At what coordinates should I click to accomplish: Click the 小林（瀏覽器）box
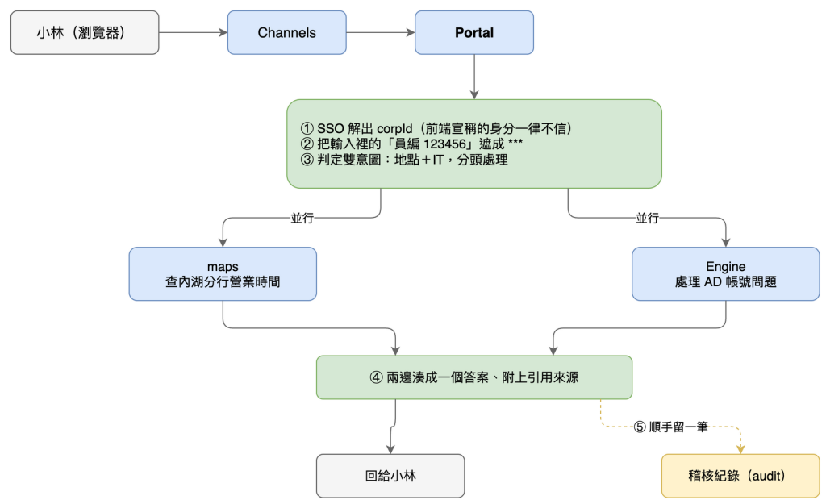point(85,32)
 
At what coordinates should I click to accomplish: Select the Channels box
point(286,32)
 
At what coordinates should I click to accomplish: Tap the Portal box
point(474,32)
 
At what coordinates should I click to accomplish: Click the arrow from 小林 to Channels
point(194,32)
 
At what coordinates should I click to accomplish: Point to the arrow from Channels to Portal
point(381,32)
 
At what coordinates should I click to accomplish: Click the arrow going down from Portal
point(474,77)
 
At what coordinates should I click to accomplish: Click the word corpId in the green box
point(394,128)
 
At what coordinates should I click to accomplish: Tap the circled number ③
point(307,160)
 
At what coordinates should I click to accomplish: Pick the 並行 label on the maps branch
point(302,218)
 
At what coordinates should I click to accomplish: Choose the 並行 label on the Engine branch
point(647,218)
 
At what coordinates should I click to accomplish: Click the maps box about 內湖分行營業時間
point(223,274)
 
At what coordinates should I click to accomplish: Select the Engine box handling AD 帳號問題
point(725,274)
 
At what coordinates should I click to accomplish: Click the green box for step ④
point(474,377)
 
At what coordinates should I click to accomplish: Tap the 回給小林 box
point(390,476)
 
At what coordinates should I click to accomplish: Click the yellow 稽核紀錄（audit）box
point(740,476)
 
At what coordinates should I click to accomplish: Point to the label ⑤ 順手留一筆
point(670,427)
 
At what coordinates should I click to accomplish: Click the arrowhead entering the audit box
point(740,449)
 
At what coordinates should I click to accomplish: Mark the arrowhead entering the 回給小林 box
point(390,449)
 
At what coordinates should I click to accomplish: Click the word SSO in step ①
point(330,128)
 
